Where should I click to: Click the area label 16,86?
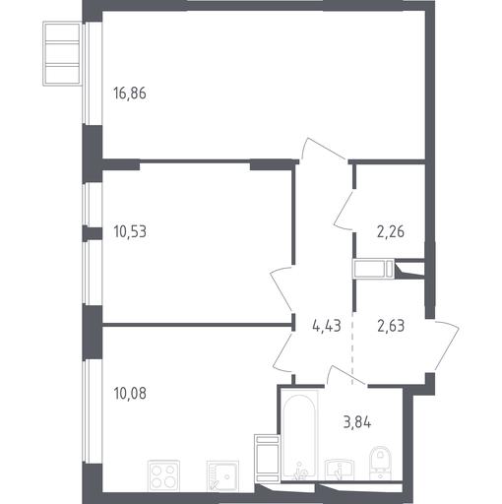pos(130,94)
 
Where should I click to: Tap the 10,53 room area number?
pos(130,231)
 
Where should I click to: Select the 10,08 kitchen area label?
pos(130,393)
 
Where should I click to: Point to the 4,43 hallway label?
pos(327,326)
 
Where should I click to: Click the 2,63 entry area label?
pos(391,326)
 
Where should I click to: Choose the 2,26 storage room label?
pos(391,231)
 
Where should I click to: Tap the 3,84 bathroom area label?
pos(357,422)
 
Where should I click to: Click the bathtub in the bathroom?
pos(299,435)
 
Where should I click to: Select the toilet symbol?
pos(380,464)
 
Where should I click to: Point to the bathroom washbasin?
pos(340,471)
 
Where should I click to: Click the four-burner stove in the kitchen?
pos(163,476)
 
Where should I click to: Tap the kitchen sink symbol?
pos(222,476)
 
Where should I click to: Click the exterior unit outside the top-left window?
pos(62,53)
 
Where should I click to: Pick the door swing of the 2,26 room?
pos(344,210)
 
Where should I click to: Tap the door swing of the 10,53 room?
pos(281,287)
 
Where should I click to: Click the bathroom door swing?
pos(345,374)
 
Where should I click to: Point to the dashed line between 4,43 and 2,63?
pos(352,347)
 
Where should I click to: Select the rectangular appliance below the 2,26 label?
pos(374,269)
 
